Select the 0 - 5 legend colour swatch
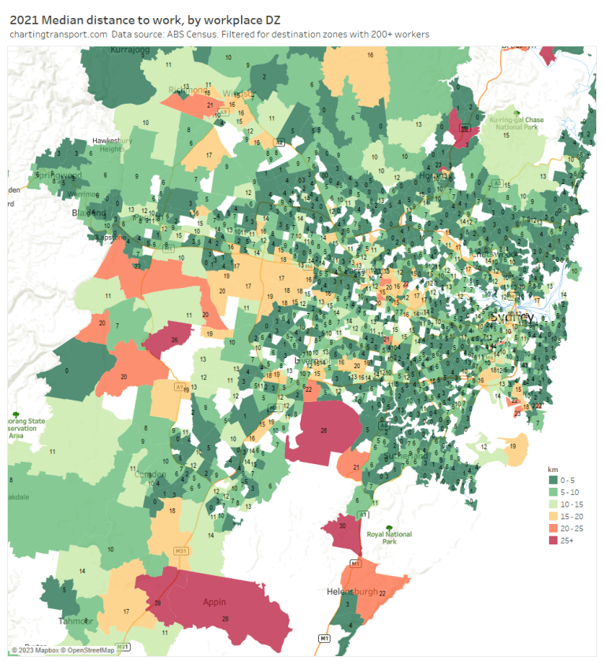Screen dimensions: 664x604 pyautogui.click(x=553, y=480)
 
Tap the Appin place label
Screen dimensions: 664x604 pyautogui.click(x=214, y=602)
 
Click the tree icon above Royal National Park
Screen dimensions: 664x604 pyautogui.click(x=388, y=526)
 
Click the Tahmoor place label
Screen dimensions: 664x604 pyautogui.click(x=76, y=621)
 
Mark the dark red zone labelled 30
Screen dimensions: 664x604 pyautogui.click(x=342, y=529)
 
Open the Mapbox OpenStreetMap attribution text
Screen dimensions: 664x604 pyautogui.click(x=63, y=650)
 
